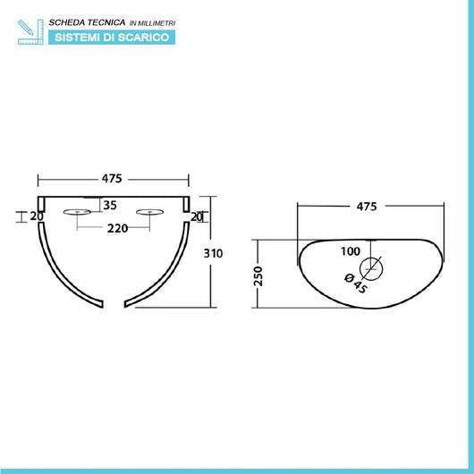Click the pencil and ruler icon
point(30,32)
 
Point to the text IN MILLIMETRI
point(152,23)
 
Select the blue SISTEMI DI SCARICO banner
point(112,38)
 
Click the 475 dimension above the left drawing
point(112,179)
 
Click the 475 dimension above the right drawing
point(367,207)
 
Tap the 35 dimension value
point(110,206)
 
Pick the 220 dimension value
point(117,228)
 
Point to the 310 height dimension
point(213,253)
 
